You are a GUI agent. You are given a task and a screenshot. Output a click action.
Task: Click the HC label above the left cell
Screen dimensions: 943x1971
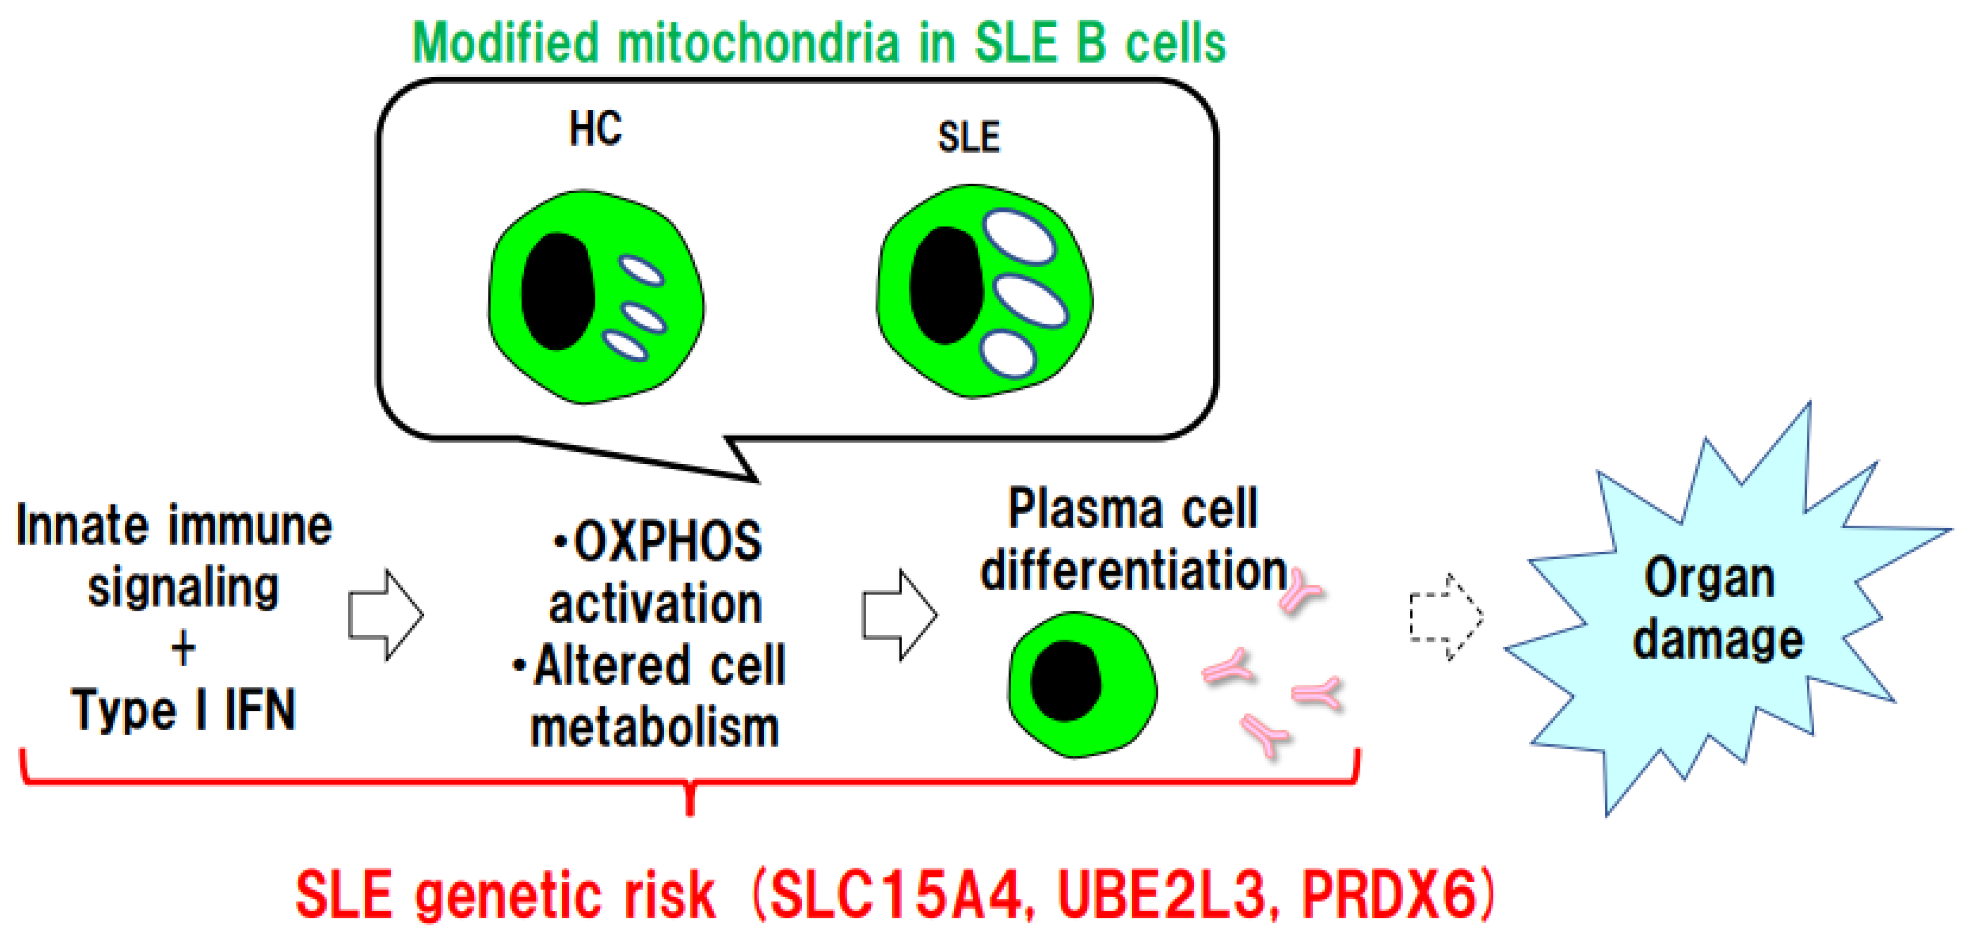click(x=595, y=128)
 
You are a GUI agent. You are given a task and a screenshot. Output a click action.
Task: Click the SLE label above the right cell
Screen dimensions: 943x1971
click(x=969, y=138)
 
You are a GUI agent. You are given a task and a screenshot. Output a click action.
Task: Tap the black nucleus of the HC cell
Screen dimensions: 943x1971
click(x=558, y=292)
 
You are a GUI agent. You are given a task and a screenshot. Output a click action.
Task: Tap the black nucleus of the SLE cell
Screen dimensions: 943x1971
click(x=947, y=285)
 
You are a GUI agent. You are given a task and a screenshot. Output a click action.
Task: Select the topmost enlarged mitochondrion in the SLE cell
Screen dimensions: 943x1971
click(x=1019, y=237)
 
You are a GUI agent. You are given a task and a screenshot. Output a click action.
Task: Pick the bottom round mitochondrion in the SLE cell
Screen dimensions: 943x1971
click(x=1008, y=353)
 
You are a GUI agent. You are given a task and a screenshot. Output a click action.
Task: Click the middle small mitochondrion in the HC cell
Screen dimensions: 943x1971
click(x=644, y=318)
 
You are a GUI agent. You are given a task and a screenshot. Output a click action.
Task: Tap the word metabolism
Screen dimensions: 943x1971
click(x=655, y=728)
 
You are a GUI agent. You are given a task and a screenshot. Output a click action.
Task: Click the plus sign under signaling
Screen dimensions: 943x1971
click(x=183, y=650)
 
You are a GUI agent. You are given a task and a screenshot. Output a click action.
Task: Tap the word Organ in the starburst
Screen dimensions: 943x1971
click(x=1710, y=578)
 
